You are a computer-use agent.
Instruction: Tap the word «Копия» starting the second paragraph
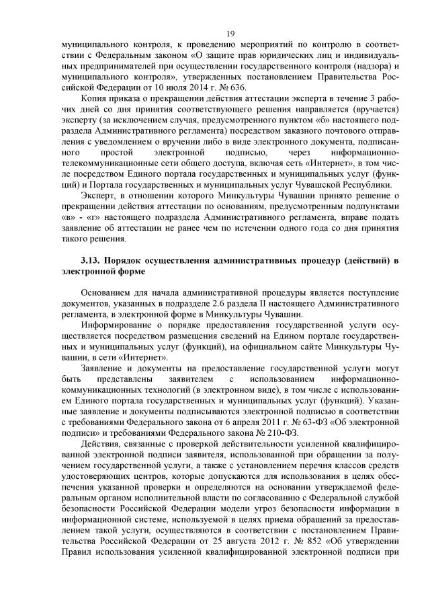pyautogui.click(x=95, y=100)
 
